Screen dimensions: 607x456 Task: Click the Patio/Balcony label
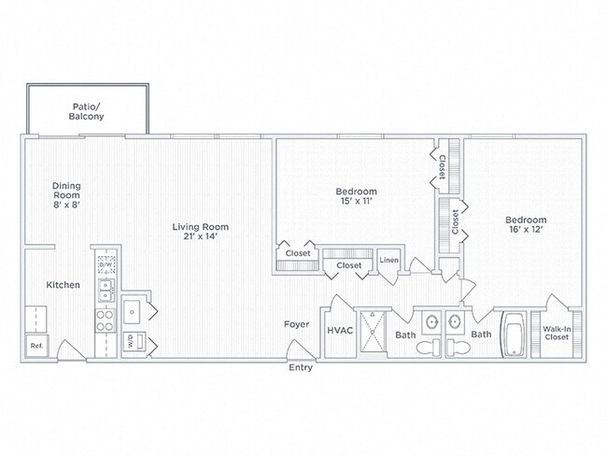pos(86,111)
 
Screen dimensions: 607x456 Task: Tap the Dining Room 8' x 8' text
pos(66,195)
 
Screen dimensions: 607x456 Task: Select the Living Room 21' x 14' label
pos(201,232)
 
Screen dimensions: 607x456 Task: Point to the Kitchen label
pos(64,285)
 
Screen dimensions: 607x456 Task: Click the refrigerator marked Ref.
pos(36,346)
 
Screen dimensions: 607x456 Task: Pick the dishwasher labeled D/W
pos(106,264)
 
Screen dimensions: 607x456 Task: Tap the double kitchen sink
pos(106,291)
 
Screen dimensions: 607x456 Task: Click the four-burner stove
pos(106,321)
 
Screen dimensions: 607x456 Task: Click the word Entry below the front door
pos(301,367)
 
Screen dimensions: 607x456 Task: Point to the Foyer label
pos(297,324)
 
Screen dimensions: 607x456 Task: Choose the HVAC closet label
pos(340,331)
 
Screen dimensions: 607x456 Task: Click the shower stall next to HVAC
pos(374,332)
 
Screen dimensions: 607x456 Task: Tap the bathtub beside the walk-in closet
pos(514,335)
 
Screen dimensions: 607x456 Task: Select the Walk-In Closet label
pos(557,334)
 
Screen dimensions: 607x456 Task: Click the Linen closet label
pos(388,261)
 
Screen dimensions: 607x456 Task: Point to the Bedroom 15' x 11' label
pos(356,196)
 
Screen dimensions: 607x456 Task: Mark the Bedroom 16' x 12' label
pos(526,224)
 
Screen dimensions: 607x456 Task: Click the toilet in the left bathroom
pos(429,347)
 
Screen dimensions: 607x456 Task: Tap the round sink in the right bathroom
pos(455,321)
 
